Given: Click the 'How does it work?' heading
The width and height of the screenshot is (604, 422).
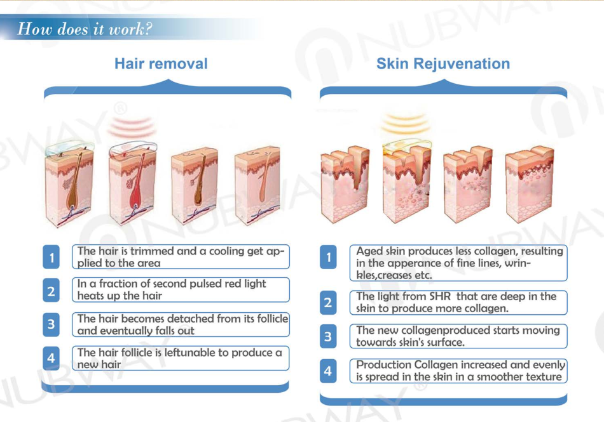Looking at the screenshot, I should pos(85,29).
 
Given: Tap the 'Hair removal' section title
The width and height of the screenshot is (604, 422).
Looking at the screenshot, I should pos(161,63).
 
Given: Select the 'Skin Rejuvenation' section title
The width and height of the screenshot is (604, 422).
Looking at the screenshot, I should pos(443,63).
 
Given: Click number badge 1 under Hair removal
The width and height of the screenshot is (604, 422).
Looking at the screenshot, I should pos(51,257).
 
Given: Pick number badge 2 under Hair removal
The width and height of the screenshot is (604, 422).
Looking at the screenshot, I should pos(51,291).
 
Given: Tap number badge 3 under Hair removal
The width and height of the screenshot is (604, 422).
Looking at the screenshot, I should pos(51,325).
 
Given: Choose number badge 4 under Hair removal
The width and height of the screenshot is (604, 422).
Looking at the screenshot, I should pos(51,358).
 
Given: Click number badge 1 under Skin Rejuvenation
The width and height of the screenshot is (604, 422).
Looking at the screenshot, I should pos(328,257).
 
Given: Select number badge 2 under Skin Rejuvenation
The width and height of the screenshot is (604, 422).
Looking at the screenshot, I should pos(328,303).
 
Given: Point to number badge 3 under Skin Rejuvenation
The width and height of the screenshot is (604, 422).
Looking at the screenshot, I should pos(328,336).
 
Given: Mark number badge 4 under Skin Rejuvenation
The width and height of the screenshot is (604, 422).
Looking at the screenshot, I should pos(328,370).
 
